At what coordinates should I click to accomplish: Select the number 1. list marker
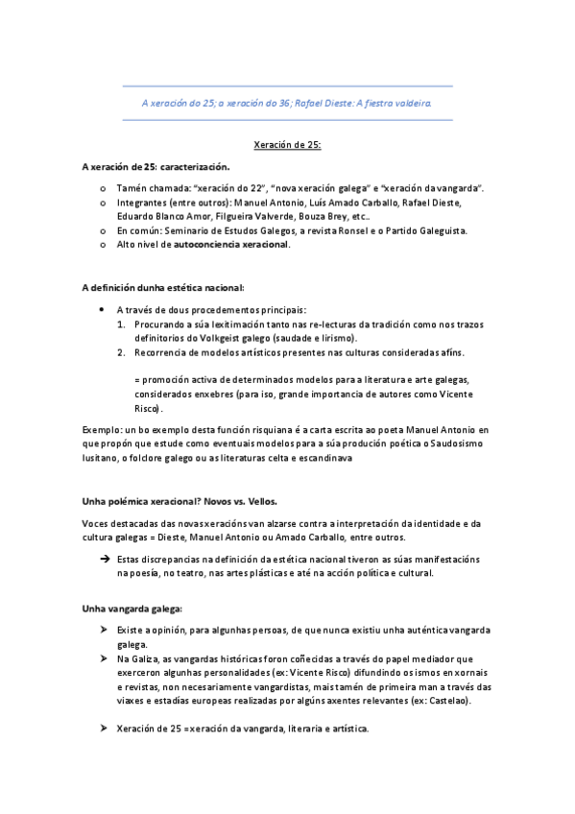tap(121, 324)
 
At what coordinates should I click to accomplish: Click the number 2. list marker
tap(121, 352)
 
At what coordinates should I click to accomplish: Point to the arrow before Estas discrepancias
tap(104, 559)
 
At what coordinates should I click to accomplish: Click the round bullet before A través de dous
tap(103, 310)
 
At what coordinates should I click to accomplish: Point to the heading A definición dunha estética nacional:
tap(163, 287)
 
